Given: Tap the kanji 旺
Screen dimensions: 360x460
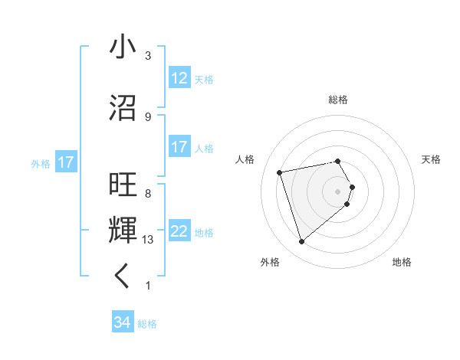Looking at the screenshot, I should coord(123,186).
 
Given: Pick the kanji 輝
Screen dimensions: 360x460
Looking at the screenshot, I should coord(123,231).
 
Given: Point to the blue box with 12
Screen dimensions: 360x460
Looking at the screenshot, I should coord(179,78).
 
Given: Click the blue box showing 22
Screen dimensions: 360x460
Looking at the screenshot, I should coord(179,232).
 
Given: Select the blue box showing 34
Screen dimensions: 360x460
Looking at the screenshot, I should coord(123,322).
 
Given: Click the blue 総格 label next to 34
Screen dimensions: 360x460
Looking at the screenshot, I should coord(147,324).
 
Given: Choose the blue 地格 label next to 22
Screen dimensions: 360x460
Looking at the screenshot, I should coord(204,233).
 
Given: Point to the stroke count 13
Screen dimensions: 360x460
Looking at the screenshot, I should coord(149,240).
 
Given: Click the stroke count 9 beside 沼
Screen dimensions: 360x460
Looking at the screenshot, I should coord(148,116).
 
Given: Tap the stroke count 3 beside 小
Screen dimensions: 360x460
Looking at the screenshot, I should coord(148,55).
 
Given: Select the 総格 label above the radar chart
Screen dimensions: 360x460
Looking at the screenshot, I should coord(338,100).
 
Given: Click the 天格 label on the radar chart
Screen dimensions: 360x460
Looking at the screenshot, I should coord(432,159).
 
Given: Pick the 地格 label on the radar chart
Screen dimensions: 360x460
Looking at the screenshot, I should coord(402,262).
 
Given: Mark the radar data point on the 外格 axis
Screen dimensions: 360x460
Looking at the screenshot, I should coord(301,242).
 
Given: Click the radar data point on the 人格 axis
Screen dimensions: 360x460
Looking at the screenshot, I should coord(280,172).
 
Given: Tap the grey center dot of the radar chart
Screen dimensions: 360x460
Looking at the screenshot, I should coord(338,191).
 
